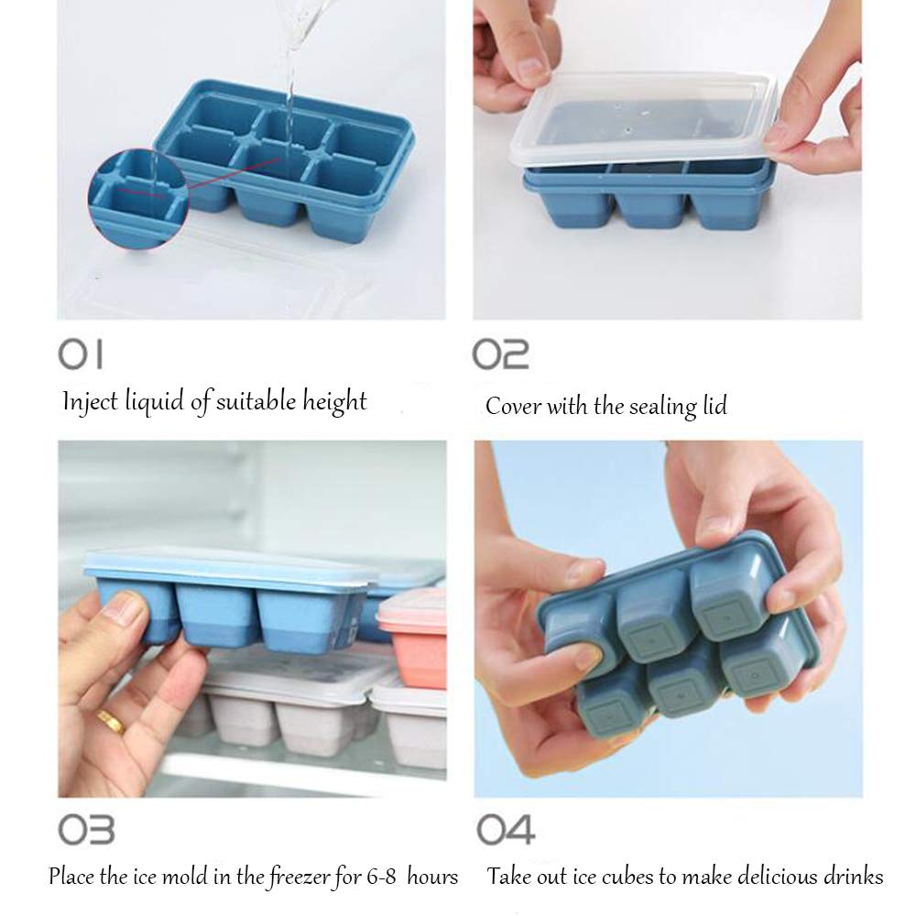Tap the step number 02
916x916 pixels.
(500, 354)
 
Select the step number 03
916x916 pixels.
(86, 829)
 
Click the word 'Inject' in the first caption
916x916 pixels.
(90, 401)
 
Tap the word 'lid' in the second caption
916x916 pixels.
(713, 406)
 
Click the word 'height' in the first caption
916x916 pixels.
(335, 401)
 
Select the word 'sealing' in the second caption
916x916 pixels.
(660, 406)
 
